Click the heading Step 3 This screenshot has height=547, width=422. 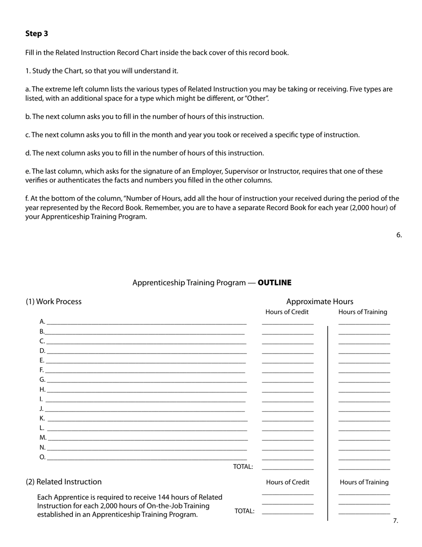coord(37,34)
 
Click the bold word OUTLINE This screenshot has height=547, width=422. coord(275,283)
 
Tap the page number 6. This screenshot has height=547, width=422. coord(399,235)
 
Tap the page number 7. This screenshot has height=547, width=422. coord(395,521)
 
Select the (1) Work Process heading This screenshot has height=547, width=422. coord(54,302)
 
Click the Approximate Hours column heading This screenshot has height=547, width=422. coord(319,302)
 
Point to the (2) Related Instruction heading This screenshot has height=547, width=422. coord(64,482)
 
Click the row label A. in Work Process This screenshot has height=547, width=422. coord(42,322)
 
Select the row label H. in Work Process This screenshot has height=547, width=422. coord(42,390)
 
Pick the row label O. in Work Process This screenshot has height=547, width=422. coord(42,457)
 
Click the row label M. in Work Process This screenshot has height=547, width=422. coord(43,438)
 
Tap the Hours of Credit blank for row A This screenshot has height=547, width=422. coord(287,324)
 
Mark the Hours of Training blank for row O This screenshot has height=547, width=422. coord(364,459)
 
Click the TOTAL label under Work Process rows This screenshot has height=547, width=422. coord(243,467)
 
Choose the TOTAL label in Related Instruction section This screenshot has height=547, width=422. coord(244,511)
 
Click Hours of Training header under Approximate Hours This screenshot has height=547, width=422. coord(362,312)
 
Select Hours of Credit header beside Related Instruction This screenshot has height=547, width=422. coord(287,482)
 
